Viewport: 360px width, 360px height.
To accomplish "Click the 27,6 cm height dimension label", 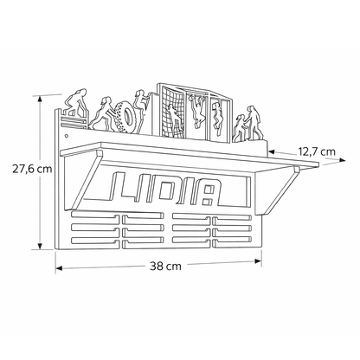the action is [32, 169].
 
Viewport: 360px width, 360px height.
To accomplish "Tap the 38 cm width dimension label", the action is [165, 266].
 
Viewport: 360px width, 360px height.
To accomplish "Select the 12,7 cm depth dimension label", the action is [317, 151].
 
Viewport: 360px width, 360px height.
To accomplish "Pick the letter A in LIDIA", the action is [209, 193].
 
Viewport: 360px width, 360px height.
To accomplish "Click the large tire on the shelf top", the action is [125, 117].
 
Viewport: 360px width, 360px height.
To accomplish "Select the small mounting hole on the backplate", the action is [67, 136].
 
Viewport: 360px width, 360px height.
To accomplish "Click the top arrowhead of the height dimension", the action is [40, 99].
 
